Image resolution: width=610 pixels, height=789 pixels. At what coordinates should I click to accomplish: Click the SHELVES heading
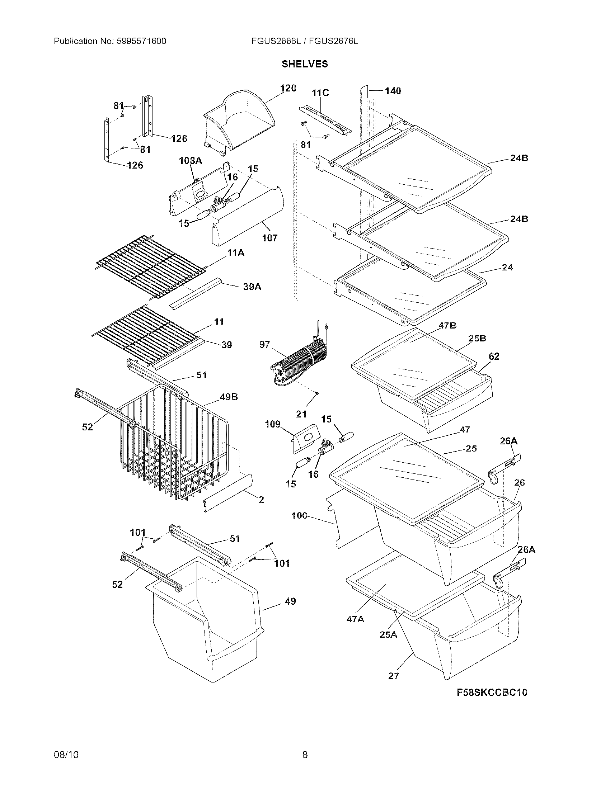(x=305, y=64)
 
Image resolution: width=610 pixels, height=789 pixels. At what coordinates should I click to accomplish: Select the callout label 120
(x=288, y=88)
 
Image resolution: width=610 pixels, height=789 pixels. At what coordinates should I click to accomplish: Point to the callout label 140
(x=393, y=91)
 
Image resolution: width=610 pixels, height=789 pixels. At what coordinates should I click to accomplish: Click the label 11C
(x=320, y=93)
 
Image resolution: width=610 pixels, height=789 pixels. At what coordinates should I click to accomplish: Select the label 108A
(x=191, y=161)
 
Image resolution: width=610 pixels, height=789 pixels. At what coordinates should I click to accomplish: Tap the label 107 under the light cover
(x=269, y=238)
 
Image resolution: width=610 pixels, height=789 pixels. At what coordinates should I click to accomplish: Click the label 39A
(x=252, y=287)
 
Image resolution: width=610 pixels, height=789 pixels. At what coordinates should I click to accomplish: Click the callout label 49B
(x=229, y=397)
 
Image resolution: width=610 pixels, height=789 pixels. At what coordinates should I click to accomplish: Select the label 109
(x=272, y=424)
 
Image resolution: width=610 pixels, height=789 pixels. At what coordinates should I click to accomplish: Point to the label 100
(x=299, y=515)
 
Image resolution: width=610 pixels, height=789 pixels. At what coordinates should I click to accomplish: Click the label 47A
(x=355, y=619)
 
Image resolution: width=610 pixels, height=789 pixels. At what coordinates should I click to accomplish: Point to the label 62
(x=494, y=356)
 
